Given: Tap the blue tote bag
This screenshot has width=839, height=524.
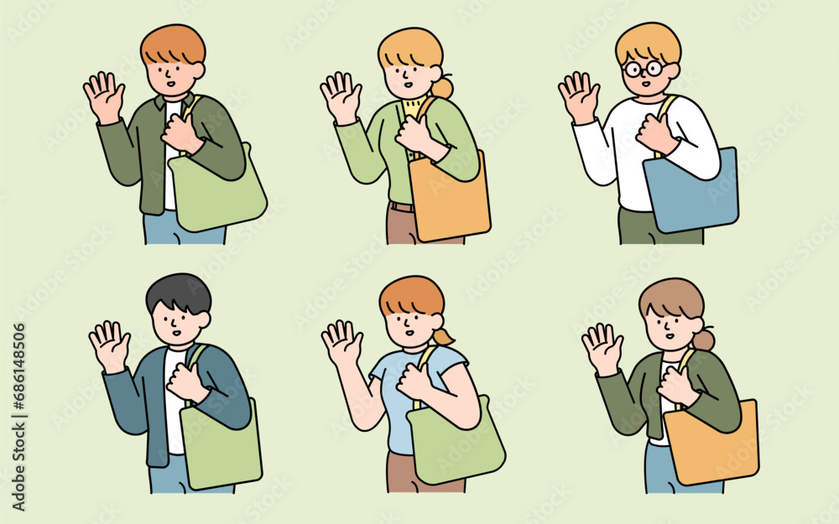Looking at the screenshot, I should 692,195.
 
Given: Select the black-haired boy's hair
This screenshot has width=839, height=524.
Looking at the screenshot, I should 178,293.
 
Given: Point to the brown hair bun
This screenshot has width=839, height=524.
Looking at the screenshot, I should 703,340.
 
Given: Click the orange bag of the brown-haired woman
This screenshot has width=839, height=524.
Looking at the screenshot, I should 711,444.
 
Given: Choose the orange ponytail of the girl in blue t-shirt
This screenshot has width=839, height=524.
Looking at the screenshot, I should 443,336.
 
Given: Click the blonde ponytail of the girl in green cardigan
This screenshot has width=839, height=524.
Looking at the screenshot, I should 442,86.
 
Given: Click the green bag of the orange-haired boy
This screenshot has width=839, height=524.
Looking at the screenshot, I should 216,195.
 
